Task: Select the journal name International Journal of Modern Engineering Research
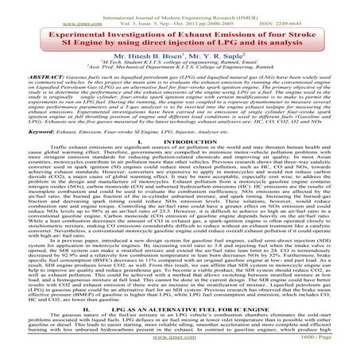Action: click(x=180, y=6)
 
